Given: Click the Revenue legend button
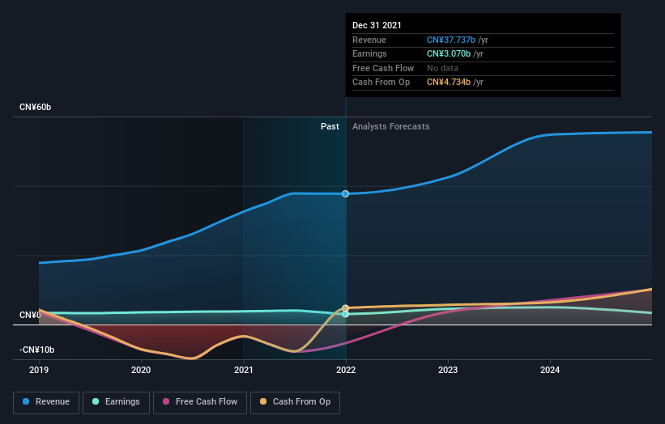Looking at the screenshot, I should click(x=46, y=401).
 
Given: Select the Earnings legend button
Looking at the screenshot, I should click(x=115, y=401).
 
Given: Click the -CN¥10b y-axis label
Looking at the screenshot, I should click(x=36, y=350).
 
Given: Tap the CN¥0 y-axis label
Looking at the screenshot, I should click(x=30, y=315).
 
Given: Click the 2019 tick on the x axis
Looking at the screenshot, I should click(x=39, y=371).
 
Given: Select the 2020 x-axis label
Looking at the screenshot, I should click(x=141, y=371).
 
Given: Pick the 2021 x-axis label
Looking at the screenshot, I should click(x=243, y=371).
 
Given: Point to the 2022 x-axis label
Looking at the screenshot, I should click(x=346, y=371).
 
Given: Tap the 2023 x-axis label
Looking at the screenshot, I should click(x=448, y=371).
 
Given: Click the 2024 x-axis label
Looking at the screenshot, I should click(x=550, y=371).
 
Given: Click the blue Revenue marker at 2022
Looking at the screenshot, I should click(x=346, y=193).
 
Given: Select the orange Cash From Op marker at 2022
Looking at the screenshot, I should click(x=346, y=307).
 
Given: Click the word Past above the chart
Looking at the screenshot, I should click(x=330, y=126).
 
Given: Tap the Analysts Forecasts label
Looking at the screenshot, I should click(x=390, y=126).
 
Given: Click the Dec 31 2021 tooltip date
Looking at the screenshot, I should click(x=377, y=26).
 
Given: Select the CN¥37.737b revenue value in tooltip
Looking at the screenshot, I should click(x=454, y=40).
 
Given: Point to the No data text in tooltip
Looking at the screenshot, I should click(x=443, y=69).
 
